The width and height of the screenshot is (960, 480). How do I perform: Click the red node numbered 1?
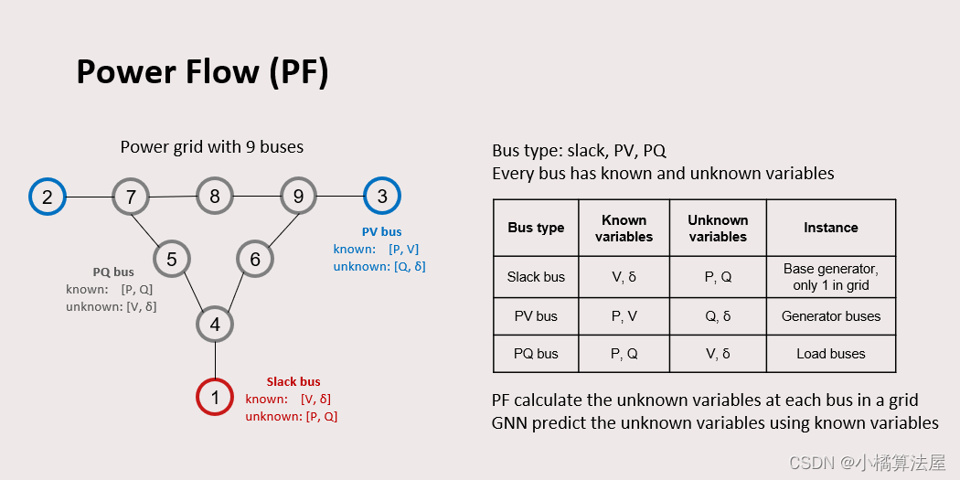pyautogui.click(x=215, y=397)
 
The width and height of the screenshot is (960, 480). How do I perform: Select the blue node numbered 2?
pyautogui.click(x=48, y=197)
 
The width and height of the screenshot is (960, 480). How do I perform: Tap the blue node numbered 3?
pyautogui.click(x=382, y=196)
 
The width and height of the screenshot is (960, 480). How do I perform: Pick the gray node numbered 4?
pyautogui.click(x=215, y=324)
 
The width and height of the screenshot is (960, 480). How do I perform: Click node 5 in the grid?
pyautogui.click(x=172, y=260)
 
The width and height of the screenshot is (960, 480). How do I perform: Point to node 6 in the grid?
pyautogui.click(x=255, y=260)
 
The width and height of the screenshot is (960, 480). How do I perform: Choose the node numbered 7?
pyautogui.click(x=131, y=197)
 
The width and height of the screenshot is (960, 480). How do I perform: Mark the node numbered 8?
pyautogui.click(x=215, y=196)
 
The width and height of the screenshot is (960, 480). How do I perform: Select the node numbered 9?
pyautogui.click(x=298, y=196)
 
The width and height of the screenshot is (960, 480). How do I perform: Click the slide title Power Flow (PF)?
pyautogui.click(x=202, y=72)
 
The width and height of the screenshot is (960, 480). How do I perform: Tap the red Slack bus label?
pyautogui.click(x=293, y=381)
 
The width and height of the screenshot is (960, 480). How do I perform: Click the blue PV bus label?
pyautogui.click(x=381, y=231)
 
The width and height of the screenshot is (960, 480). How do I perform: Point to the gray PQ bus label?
pyautogui.click(x=113, y=272)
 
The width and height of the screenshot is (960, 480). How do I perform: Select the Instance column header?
pyautogui.click(x=830, y=228)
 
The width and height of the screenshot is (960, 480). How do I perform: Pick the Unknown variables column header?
pyautogui.click(x=718, y=228)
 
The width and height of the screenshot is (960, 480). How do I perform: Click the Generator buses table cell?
pyautogui.click(x=830, y=316)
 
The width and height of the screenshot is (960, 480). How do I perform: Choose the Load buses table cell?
pyautogui.click(x=830, y=354)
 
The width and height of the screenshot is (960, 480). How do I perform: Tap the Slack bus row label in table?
pyautogui.click(x=536, y=277)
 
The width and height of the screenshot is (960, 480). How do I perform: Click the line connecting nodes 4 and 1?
pyautogui.click(x=215, y=360)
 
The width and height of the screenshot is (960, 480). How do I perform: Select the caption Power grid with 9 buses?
pyautogui.click(x=212, y=147)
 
